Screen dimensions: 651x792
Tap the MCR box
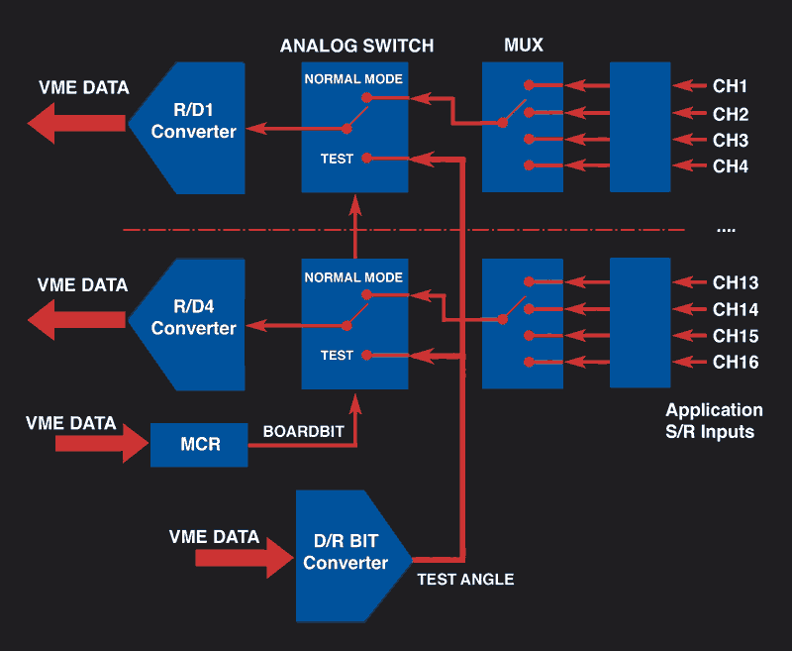[199, 444]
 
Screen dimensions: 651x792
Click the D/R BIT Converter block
[347, 554]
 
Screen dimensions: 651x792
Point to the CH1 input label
[731, 86]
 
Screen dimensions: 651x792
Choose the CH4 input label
[731, 166]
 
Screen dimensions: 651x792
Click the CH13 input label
[736, 282]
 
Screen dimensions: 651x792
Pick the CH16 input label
[736, 363]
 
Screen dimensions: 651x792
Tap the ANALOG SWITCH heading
[356, 46]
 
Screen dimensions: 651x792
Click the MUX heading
[523, 46]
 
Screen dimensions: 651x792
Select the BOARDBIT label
[299, 433]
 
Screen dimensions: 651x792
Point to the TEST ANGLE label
[465, 579]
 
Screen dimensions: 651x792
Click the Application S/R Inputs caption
[714, 420]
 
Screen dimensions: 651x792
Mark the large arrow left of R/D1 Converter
[75, 125]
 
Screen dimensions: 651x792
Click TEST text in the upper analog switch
[337, 159]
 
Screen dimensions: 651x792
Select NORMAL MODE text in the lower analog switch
[353, 277]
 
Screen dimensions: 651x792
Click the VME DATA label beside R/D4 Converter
[82, 285]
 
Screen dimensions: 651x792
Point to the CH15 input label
[736, 336]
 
